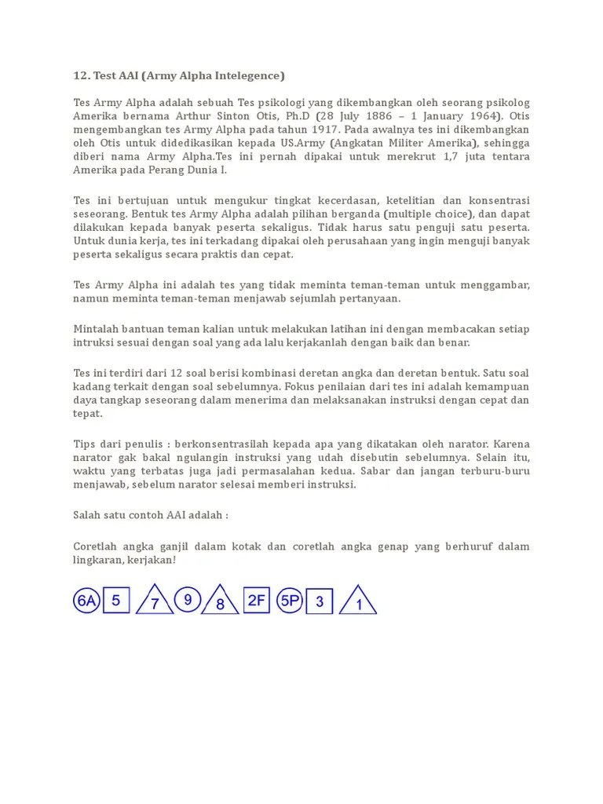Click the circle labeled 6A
pyautogui.click(x=86, y=601)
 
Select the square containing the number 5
pyautogui.click(x=116, y=601)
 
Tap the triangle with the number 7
pyautogui.click(x=155, y=602)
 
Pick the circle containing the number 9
pyautogui.click(x=187, y=600)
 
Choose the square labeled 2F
pyautogui.click(x=257, y=601)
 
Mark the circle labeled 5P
pyautogui.click(x=291, y=601)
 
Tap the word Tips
pyautogui.click(x=85, y=444)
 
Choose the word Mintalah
pyautogui.click(x=97, y=330)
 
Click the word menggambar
pyautogui.click(x=497, y=285)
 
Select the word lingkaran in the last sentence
pyautogui.click(x=98, y=560)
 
